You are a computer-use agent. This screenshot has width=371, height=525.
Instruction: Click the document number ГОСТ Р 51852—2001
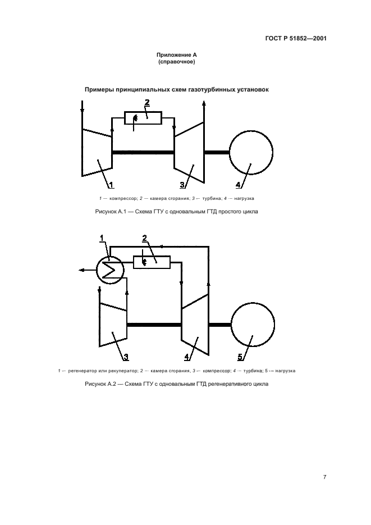click(x=296, y=38)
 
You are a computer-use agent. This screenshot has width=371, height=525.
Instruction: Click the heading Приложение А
click(x=177, y=55)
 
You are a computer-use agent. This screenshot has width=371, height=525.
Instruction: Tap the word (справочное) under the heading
click(x=177, y=62)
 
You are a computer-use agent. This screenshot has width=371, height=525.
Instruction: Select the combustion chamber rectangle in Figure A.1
click(x=143, y=118)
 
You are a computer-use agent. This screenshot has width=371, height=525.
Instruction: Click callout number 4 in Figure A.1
click(x=238, y=185)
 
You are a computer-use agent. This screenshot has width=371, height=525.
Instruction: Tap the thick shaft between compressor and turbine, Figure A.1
click(x=143, y=153)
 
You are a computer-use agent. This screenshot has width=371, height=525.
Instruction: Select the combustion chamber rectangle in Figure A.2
click(x=152, y=262)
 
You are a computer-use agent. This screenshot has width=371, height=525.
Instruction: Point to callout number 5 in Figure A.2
click(x=240, y=357)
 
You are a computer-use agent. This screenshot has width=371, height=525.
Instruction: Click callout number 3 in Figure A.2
click(x=126, y=357)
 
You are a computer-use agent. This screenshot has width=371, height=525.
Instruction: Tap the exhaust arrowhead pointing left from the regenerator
click(x=81, y=270)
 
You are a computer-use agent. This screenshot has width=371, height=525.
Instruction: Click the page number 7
click(x=324, y=477)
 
